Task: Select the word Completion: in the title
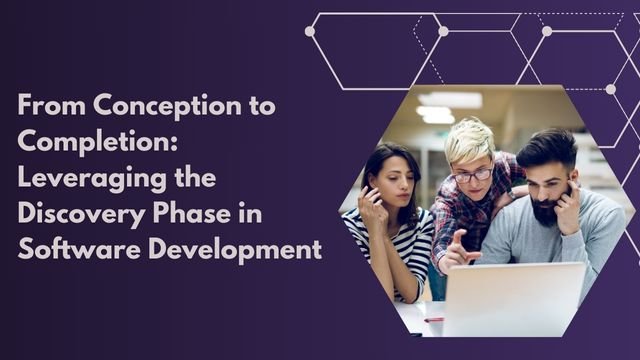97,141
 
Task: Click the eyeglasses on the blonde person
473,174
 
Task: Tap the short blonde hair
468,140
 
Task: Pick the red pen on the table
434,320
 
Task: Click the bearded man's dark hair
548,148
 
